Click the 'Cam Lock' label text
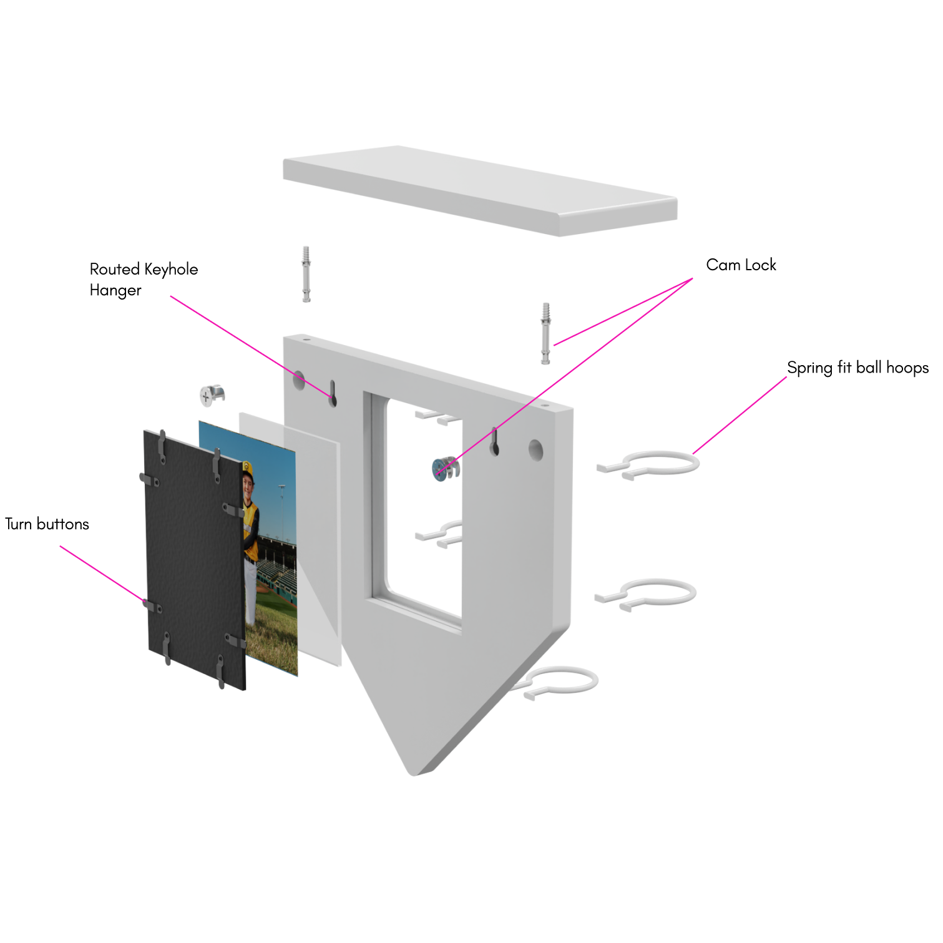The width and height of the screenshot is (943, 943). [741, 265]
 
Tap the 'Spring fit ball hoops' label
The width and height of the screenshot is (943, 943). [857, 368]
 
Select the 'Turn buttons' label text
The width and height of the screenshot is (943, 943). [47, 524]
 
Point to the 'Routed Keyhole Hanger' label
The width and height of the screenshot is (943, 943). [144, 280]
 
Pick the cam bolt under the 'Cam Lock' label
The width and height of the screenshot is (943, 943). [545, 333]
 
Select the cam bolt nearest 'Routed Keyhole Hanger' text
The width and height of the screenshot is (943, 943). [306, 275]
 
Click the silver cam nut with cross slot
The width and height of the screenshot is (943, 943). [211, 395]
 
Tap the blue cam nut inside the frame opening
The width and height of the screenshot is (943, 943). [444, 468]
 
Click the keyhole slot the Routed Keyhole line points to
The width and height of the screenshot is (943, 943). [333, 394]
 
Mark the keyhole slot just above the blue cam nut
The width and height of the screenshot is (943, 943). [494, 441]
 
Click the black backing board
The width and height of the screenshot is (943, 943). [193, 562]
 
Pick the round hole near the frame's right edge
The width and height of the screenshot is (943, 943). [535, 449]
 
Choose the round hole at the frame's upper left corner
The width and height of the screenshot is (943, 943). [299, 380]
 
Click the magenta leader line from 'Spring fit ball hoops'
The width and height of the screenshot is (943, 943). [740, 415]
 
